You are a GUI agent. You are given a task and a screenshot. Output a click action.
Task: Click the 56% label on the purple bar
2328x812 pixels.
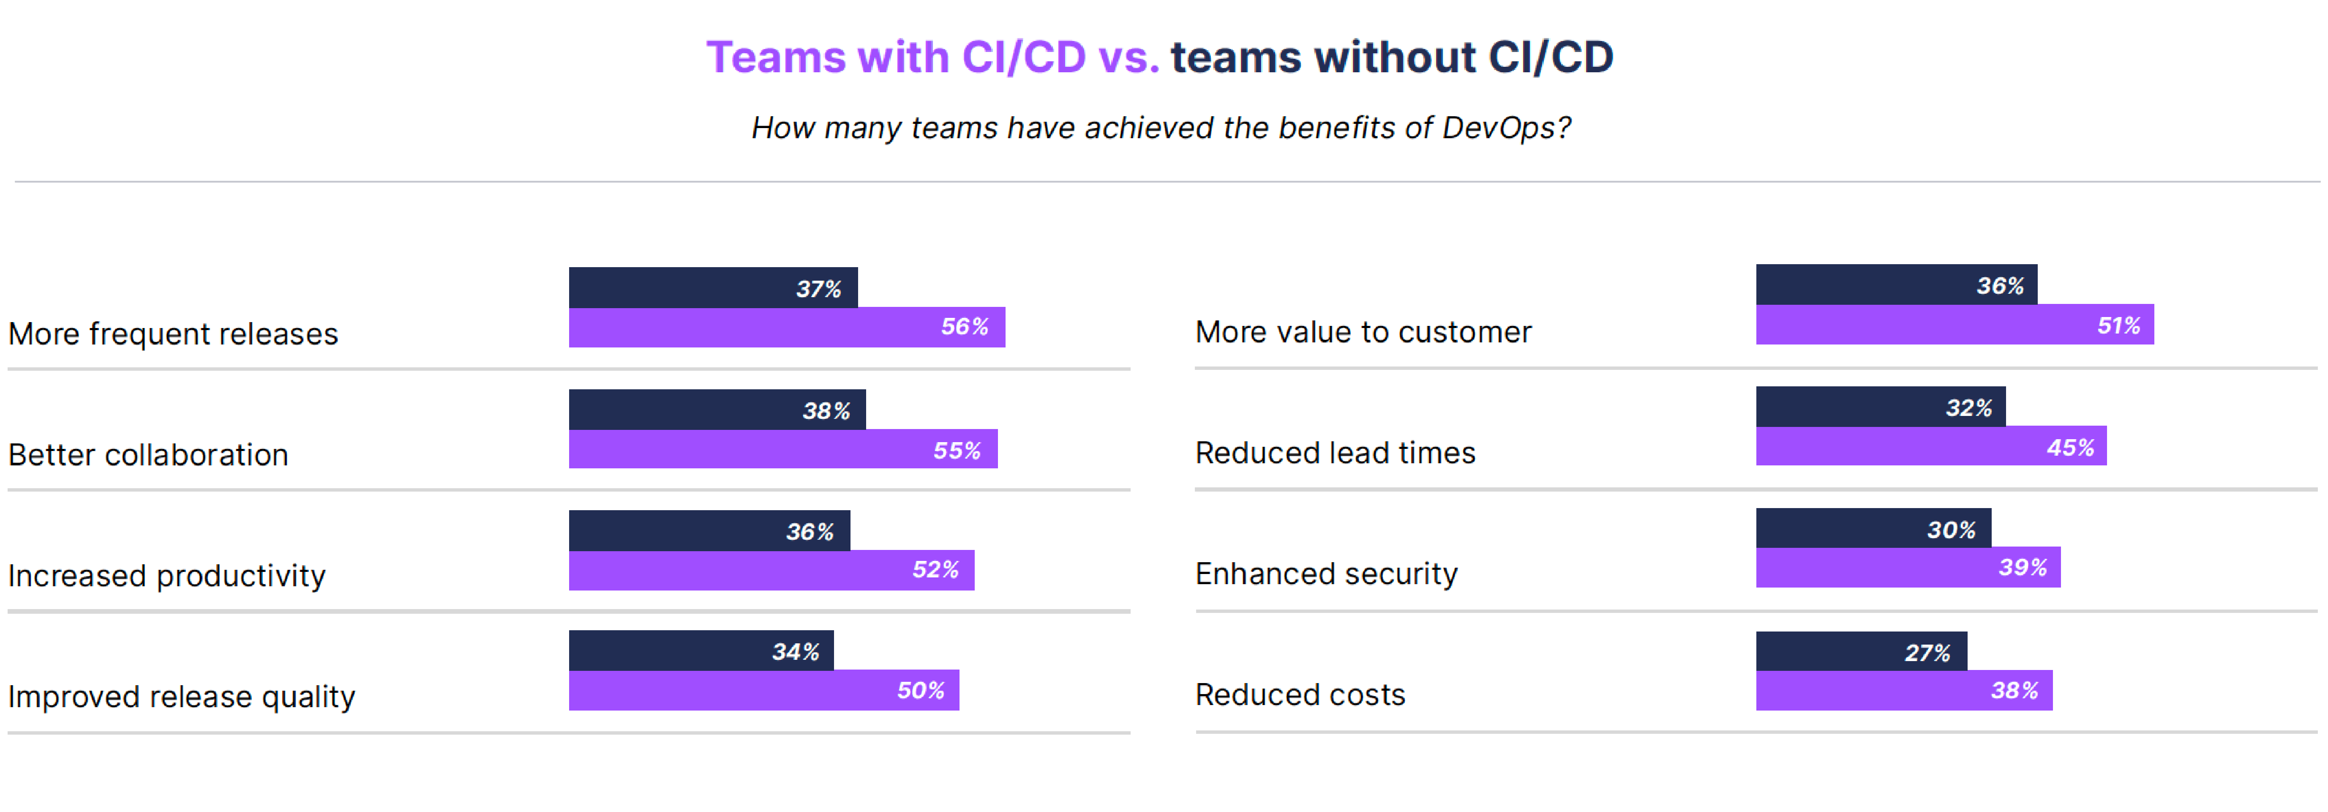[964, 326]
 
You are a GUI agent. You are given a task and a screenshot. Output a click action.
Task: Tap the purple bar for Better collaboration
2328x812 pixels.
[782, 449]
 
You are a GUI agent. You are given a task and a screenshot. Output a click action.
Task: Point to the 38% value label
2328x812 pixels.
[826, 410]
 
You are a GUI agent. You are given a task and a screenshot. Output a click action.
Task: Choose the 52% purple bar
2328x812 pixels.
[771, 570]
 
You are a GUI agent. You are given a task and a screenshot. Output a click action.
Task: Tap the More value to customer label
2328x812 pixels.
[1363, 332]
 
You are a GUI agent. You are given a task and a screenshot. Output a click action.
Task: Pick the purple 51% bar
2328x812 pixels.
[1954, 325]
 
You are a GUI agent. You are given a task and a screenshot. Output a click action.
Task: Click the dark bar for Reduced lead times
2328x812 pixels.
[1880, 407]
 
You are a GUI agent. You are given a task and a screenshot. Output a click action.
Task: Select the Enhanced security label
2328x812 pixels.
[1326, 573]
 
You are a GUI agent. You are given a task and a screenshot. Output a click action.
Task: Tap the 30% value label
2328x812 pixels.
[1951, 530]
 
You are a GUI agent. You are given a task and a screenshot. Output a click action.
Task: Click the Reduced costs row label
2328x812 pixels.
[1300, 694]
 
